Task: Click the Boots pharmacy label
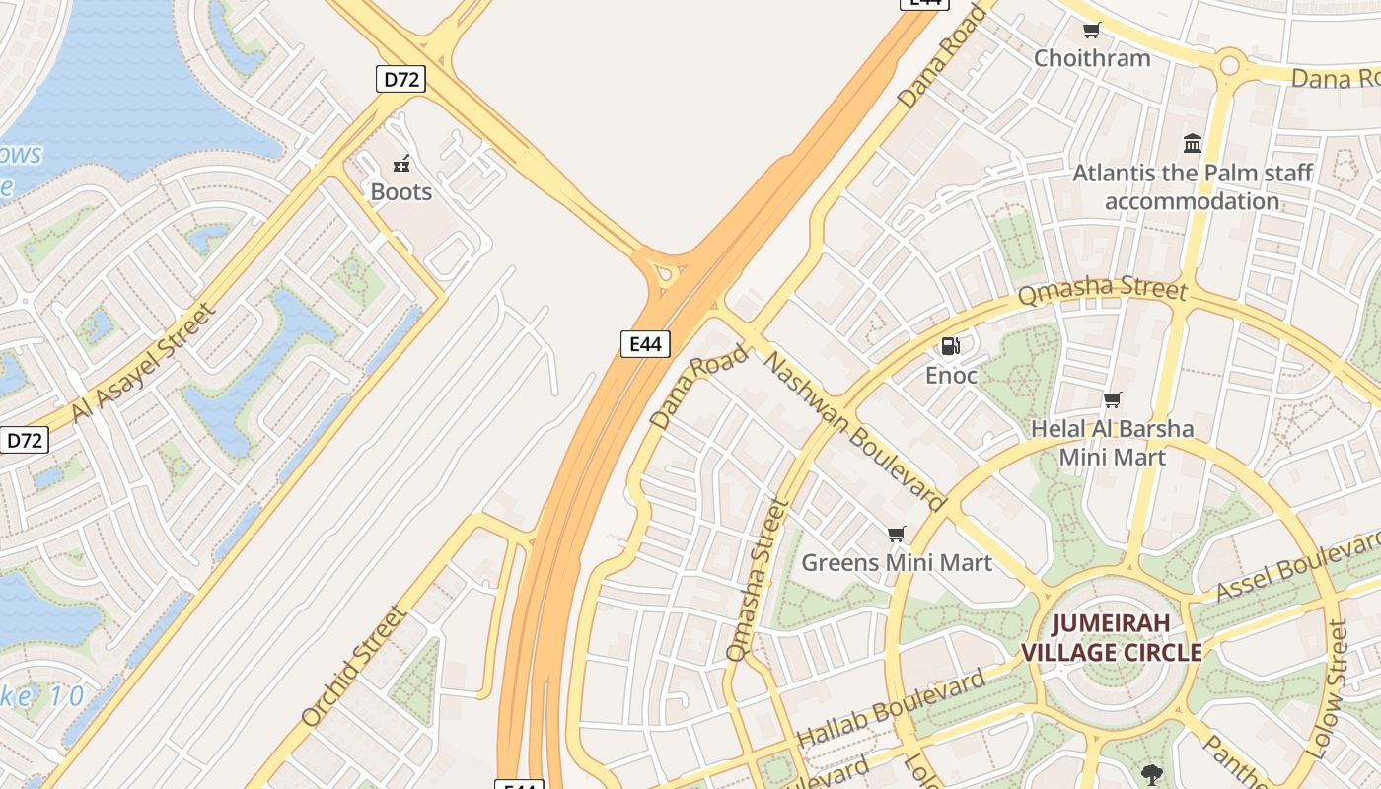click(x=401, y=191)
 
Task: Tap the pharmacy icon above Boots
click(x=401, y=163)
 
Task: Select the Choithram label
click(x=1092, y=57)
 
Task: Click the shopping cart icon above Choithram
click(x=1091, y=31)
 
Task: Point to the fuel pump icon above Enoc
click(x=951, y=346)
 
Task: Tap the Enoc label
click(x=951, y=375)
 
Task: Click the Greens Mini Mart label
click(x=896, y=562)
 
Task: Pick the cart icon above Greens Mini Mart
click(x=896, y=535)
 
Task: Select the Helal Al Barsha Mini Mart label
click(x=1112, y=443)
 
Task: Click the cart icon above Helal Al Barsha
click(x=1113, y=400)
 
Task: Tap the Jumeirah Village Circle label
click(x=1111, y=637)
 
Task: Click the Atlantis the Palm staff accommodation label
click(x=1193, y=187)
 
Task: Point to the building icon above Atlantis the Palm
click(x=1193, y=144)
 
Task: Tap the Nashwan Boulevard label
click(x=855, y=432)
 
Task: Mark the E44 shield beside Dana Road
click(x=645, y=343)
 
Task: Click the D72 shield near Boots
click(x=400, y=79)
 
